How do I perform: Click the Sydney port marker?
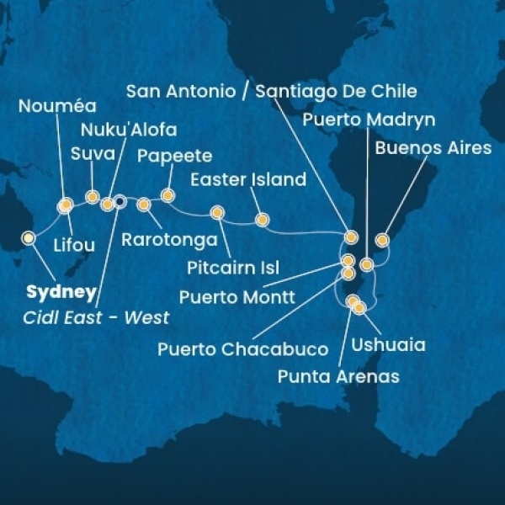29,238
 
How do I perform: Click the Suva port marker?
92,197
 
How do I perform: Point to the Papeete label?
174,156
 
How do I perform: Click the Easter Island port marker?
262,221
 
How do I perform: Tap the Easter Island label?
247,179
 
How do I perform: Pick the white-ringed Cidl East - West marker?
120,201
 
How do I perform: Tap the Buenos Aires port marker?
381,241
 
